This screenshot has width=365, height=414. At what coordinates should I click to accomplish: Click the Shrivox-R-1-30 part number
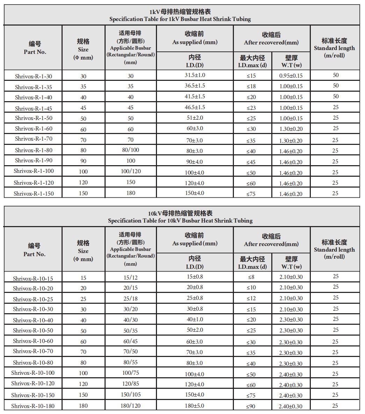click(34, 76)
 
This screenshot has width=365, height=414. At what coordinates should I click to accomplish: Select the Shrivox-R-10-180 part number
click(33, 406)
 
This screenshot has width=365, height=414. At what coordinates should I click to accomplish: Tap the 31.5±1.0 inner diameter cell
click(195, 75)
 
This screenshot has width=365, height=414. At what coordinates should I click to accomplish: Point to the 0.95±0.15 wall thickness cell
click(291, 76)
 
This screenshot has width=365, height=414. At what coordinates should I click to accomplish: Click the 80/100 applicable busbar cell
click(130, 150)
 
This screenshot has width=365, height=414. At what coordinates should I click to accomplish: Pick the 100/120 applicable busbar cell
click(130, 171)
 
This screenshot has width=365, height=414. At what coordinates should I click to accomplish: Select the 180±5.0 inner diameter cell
click(195, 406)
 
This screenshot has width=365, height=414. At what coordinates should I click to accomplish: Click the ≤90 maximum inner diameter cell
click(251, 406)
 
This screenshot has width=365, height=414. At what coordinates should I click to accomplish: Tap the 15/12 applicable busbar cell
click(130, 277)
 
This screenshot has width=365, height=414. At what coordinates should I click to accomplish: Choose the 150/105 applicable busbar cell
click(130, 394)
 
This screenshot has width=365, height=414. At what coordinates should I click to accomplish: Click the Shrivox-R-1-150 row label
click(34, 193)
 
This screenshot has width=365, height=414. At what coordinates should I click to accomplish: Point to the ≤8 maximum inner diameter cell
click(251, 277)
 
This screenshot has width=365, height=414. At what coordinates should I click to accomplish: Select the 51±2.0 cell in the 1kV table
click(195, 118)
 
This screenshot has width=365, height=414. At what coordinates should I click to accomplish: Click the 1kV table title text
click(180, 15)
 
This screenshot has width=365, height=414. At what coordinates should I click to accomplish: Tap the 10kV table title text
click(180, 217)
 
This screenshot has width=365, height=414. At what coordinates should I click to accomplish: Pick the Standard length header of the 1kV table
click(334, 48)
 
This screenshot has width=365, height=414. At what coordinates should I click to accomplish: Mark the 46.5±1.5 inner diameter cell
click(195, 107)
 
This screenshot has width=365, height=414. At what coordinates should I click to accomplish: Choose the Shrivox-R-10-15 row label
click(33, 279)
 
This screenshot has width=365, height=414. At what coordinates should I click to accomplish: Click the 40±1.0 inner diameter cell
click(195, 319)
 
